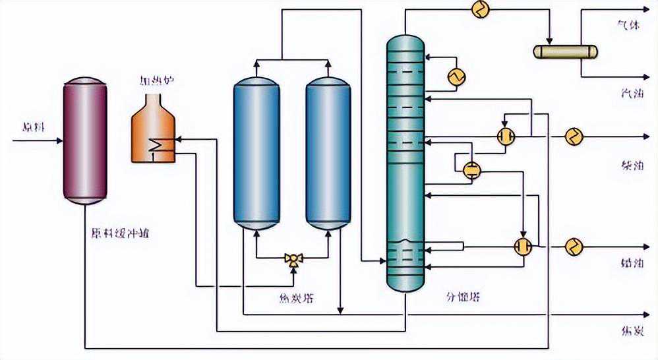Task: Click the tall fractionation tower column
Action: pyautogui.click(x=404, y=165)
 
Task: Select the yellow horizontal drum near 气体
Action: pyautogui.click(x=564, y=51)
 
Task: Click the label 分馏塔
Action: pyautogui.click(x=464, y=297)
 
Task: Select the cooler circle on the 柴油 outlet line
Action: pyautogui.click(x=574, y=136)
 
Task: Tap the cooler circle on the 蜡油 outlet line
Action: pyautogui.click(x=574, y=247)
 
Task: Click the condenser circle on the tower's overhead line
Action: pyautogui.click(x=479, y=9)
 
